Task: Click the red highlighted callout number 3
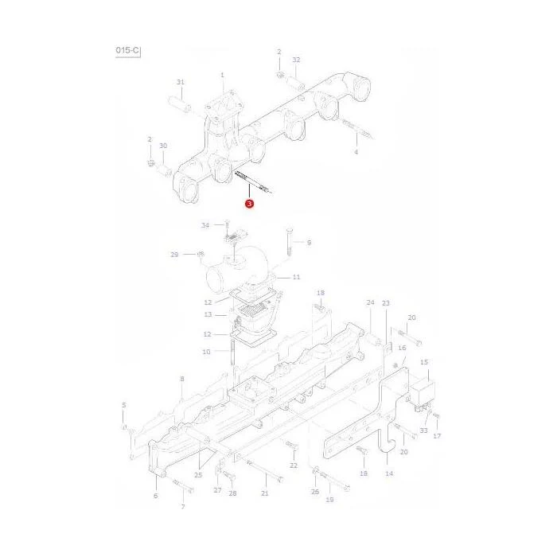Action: pyautogui.click(x=249, y=204)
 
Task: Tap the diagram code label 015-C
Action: pyautogui.click(x=127, y=50)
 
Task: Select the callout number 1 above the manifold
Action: pyautogui.click(x=222, y=75)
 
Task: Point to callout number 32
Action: pyautogui.click(x=296, y=60)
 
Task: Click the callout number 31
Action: pyautogui.click(x=181, y=82)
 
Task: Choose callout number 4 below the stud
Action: pyautogui.click(x=356, y=152)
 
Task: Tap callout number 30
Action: pyautogui.click(x=163, y=146)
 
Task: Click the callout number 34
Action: pyautogui.click(x=205, y=225)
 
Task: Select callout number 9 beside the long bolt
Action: pyautogui.click(x=309, y=243)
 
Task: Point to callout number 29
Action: pyautogui.click(x=174, y=255)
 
